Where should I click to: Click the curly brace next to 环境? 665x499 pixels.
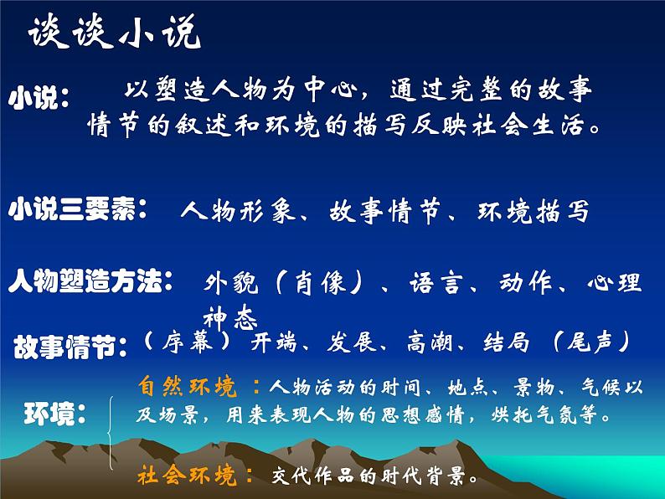[x=111, y=431]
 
